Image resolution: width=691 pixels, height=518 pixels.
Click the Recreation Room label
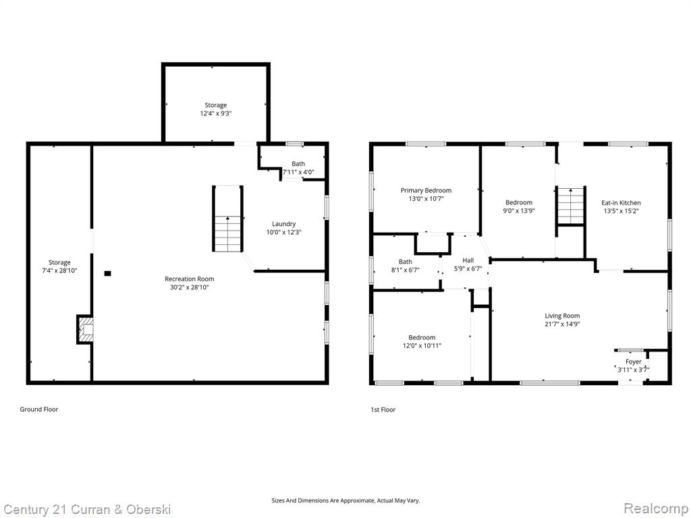[x=190, y=279]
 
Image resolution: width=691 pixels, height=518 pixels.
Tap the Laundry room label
[x=284, y=224]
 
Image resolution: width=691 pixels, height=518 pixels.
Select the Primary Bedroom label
[x=426, y=190]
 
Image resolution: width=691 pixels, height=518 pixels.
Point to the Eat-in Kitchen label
[x=621, y=202]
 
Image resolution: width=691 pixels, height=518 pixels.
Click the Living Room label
[x=562, y=316]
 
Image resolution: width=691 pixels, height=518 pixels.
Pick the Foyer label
[x=634, y=362]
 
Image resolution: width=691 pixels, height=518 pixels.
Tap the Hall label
[x=468, y=260]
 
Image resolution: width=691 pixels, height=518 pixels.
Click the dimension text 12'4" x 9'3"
[x=216, y=113]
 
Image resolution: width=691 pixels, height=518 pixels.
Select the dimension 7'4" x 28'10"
[x=59, y=270]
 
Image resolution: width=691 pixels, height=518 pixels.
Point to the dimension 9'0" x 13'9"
[x=519, y=210]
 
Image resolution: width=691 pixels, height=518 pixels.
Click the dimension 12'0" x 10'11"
[x=422, y=346]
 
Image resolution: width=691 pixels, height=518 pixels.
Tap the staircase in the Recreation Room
[x=228, y=219]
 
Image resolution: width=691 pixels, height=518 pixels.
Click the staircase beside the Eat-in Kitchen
[x=571, y=206]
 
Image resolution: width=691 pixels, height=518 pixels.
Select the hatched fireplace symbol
[x=86, y=329]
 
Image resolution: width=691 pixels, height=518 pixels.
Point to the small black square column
[x=107, y=274]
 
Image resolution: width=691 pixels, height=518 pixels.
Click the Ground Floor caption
[x=38, y=409]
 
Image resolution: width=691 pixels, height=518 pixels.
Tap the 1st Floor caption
[x=383, y=409]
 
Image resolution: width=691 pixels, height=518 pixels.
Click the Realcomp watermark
[x=655, y=508]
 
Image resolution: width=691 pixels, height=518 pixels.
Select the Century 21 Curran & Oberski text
[x=87, y=510]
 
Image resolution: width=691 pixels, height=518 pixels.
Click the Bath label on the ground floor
[x=298, y=164]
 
